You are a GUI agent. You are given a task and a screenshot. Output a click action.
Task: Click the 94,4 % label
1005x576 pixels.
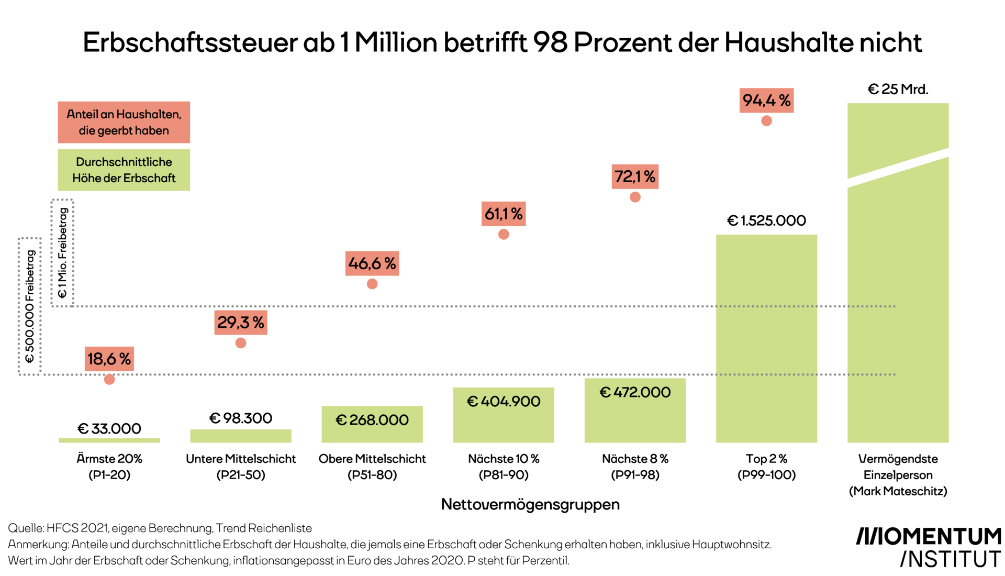click(766, 100)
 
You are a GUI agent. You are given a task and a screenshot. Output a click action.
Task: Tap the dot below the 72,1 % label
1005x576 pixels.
click(635, 197)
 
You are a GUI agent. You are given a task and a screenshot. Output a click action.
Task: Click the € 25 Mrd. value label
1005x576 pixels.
click(898, 89)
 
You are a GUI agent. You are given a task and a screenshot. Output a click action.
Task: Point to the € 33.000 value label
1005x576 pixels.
click(109, 428)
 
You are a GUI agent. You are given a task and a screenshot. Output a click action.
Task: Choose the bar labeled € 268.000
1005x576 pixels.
click(372, 425)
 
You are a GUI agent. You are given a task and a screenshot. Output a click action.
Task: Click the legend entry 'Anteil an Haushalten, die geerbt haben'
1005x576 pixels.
click(124, 122)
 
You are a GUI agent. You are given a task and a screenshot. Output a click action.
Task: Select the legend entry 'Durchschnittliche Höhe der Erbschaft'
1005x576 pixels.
click(124, 170)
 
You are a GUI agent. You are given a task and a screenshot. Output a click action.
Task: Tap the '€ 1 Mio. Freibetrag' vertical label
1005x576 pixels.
click(62, 253)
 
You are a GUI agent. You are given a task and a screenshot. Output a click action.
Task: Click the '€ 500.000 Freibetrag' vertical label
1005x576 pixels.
click(30, 306)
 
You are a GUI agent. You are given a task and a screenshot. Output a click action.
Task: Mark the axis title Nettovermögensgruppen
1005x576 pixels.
click(530, 504)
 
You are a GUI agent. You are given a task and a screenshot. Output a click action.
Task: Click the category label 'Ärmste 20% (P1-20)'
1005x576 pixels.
click(109, 467)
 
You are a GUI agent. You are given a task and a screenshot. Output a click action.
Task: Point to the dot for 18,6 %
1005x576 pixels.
click(109, 379)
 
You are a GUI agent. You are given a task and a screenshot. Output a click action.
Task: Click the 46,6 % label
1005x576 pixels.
click(372, 263)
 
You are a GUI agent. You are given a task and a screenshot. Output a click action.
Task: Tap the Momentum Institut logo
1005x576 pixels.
click(929, 548)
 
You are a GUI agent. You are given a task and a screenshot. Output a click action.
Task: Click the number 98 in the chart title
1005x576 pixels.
click(550, 42)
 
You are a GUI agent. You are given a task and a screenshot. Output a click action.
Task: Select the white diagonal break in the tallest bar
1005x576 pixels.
click(898, 168)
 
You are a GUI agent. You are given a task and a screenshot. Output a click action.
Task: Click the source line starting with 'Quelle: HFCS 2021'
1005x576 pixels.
click(160, 528)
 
